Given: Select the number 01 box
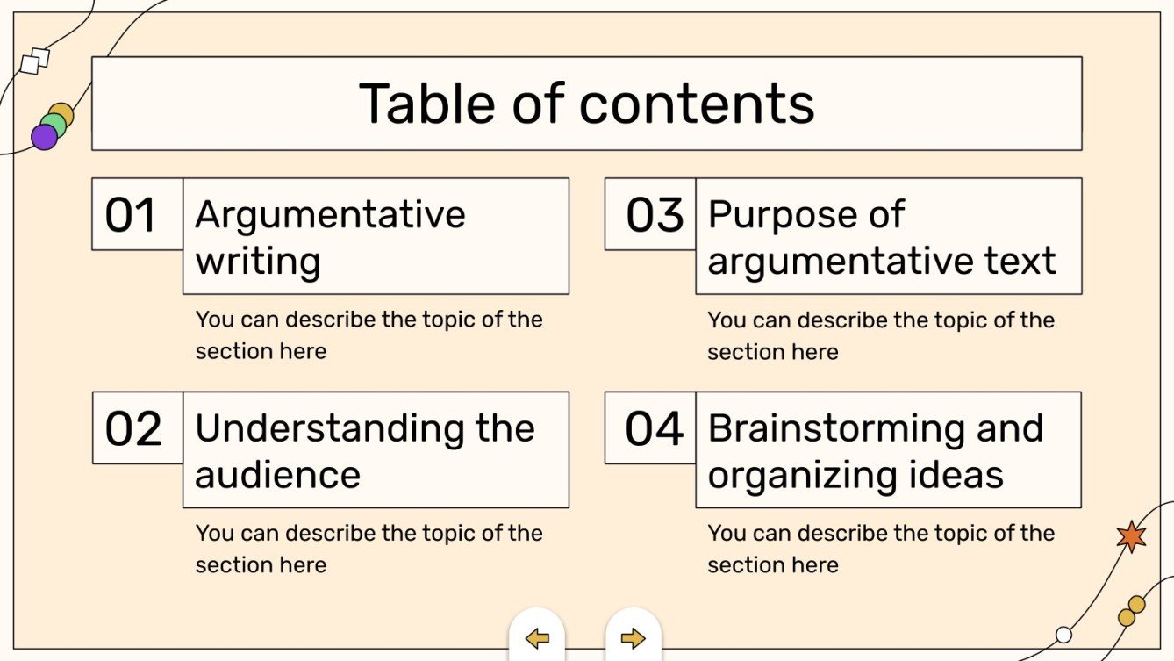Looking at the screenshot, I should (132, 215).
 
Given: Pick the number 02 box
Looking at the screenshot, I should (133, 429).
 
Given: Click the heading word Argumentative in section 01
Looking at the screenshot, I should (330, 215).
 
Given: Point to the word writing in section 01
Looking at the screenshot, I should (257, 262).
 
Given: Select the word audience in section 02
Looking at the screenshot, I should (277, 475).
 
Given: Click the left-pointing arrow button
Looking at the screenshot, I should (537, 638).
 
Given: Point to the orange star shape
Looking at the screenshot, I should (1131, 536).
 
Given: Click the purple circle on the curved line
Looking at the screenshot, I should (44, 137).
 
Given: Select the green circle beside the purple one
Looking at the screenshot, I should (54, 125).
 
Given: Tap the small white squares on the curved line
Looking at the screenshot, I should (34, 61).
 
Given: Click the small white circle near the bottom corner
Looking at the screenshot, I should (1064, 634).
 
